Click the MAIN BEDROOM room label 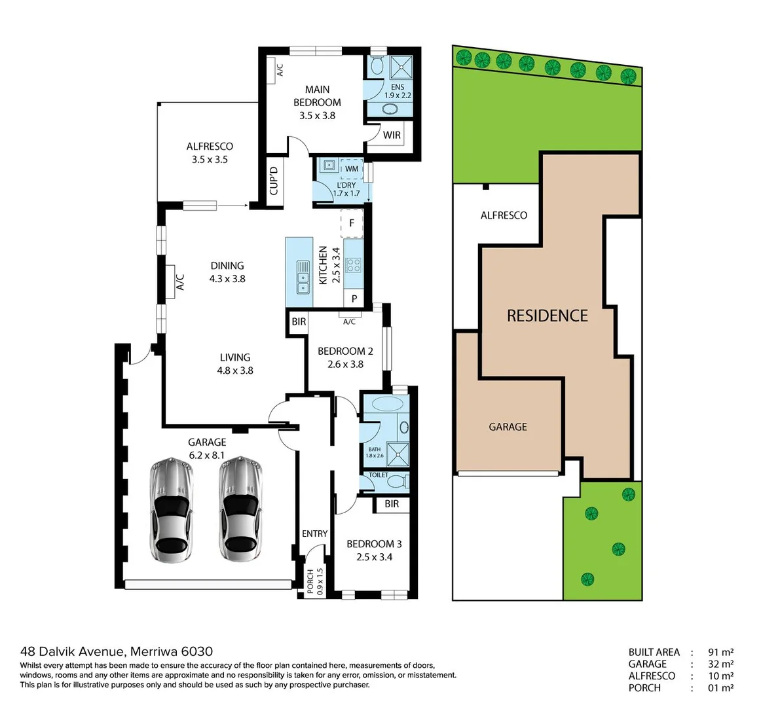[317, 96]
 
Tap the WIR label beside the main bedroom [392, 136]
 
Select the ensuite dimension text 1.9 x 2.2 [398, 95]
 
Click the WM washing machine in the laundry [352, 169]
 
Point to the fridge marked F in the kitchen [352, 223]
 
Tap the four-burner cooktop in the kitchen [353, 265]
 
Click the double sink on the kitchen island [303, 278]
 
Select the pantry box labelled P [354, 299]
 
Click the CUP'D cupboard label [274, 181]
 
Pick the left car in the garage [171, 510]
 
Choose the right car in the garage [240, 510]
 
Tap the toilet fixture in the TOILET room [395, 482]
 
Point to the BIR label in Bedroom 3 [392, 504]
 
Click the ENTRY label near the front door [314, 534]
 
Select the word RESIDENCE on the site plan [548, 316]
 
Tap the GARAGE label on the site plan [508, 427]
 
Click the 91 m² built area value [720, 652]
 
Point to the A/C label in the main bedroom [279, 69]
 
